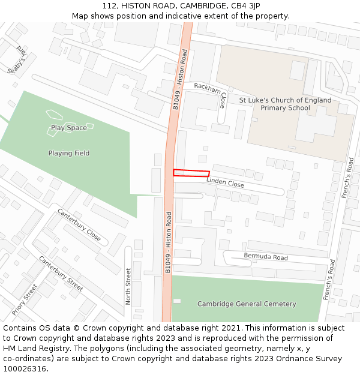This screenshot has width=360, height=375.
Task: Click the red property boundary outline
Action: tap(191, 173)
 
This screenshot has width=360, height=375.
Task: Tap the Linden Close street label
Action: tap(225, 182)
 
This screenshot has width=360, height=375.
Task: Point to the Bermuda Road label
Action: tap(266, 257)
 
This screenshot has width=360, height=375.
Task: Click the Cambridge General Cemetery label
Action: tap(247, 304)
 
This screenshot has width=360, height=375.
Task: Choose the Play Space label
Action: tap(68, 128)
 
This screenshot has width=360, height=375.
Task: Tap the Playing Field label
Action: tap(69, 153)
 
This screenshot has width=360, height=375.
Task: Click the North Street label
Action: tap(128, 287)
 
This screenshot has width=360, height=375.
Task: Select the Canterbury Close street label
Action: tap(79, 224)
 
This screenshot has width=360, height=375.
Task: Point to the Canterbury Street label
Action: tap(61, 274)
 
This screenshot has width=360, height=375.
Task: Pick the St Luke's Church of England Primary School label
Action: tap(285, 104)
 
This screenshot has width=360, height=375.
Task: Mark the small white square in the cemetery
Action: tap(177, 301)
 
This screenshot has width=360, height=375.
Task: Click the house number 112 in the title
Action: tap(110, 5)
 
